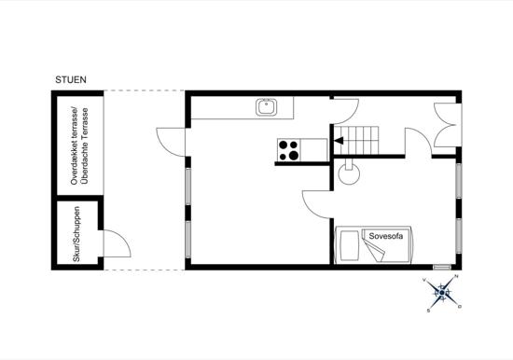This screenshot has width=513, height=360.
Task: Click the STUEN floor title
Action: point(71,80)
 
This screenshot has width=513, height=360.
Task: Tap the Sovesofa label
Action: point(386,236)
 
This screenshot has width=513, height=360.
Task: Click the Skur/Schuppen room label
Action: point(76,234)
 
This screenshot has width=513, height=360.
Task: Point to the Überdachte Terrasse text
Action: point(85,146)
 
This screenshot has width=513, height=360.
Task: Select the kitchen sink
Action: point(267,107)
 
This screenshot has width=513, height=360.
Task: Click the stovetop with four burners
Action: point(289,150)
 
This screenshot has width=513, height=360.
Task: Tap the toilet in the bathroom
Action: point(349,172)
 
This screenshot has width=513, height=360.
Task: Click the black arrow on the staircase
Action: point(339,141)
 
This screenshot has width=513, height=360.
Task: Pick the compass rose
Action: point(442,293)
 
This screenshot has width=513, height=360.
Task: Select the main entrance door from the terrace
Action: point(171,142)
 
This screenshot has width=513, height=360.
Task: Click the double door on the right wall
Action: point(447,124)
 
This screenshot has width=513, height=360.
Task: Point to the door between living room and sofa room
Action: point(316,204)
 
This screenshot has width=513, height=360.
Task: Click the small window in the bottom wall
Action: point(442,267)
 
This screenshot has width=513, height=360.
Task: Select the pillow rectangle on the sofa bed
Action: point(349,245)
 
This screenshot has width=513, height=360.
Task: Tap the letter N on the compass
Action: point(457,277)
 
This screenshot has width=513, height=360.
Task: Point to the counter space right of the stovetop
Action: point(313,150)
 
